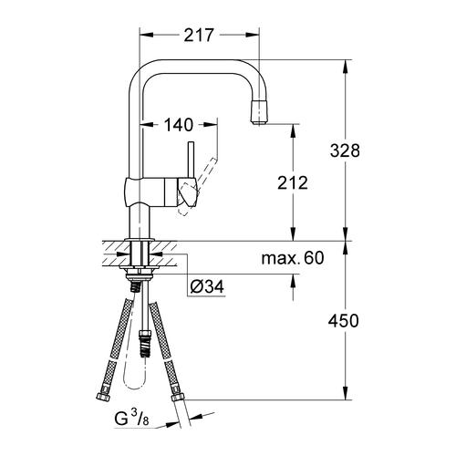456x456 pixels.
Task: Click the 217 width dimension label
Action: point(198,36)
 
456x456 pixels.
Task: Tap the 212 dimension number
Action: point(292,181)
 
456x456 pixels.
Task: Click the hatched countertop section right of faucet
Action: point(171,254)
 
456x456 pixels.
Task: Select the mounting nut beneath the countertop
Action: point(139,273)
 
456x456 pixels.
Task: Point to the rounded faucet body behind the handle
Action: point(146,192)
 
